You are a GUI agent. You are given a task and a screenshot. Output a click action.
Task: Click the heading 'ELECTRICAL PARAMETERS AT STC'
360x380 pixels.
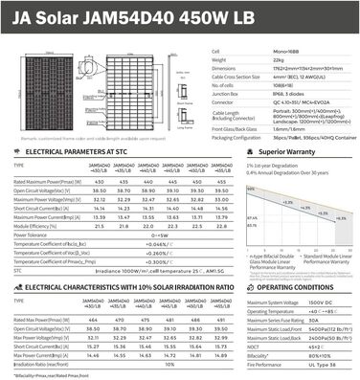tap(76, 152)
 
